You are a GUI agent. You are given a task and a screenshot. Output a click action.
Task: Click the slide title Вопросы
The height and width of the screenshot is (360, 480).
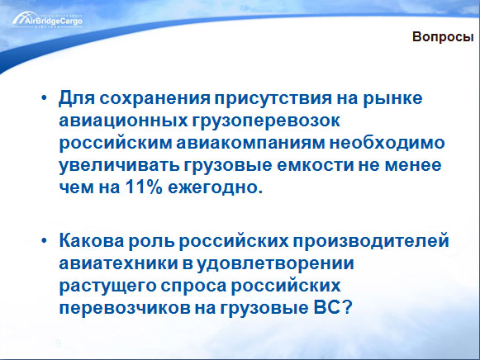tap(443, 37)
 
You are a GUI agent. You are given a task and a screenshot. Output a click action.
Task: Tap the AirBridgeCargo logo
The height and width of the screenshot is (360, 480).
tap(47, 20)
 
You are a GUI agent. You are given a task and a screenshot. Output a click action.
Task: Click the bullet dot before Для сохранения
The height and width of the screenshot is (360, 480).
tap(44, 98)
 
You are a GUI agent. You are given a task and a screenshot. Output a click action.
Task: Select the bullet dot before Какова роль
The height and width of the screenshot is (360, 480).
tap(44, 241)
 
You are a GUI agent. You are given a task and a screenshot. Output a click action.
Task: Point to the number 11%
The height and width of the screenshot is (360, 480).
tap(144, 187)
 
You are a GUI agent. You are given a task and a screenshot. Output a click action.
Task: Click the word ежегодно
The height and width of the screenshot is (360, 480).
tap(215, 187)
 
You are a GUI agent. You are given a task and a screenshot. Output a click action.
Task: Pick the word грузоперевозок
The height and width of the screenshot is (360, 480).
tap(266, 121)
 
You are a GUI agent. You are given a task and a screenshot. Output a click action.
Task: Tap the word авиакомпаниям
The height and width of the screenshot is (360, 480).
tap(250, 143)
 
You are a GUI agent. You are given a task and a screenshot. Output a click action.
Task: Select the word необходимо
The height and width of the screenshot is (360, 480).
tap(387, 143)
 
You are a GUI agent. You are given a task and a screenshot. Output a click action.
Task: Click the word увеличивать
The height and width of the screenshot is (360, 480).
tap(119, 165)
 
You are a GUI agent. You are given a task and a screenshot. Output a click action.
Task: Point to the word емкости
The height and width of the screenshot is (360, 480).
tap(316, 165)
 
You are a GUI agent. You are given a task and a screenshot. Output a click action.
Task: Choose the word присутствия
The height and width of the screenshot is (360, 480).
tap(273, 99)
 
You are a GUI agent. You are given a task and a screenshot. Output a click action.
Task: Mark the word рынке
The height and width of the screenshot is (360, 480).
tap(392, 99)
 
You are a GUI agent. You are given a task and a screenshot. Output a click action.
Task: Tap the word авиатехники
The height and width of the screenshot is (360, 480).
tap(118, 263)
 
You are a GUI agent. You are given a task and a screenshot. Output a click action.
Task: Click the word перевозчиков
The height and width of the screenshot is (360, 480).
tap(124, 308)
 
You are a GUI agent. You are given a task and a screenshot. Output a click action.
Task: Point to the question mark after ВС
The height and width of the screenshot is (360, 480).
tap(347, 307)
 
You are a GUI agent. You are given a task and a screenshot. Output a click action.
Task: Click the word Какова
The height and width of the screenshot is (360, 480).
tap(91, 241)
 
